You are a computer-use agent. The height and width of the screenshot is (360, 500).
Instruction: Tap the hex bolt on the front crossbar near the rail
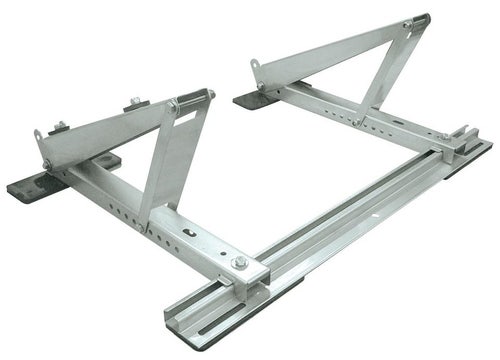tap(239, 263)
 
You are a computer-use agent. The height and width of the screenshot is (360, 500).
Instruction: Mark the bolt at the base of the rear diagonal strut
tap(356, 121)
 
